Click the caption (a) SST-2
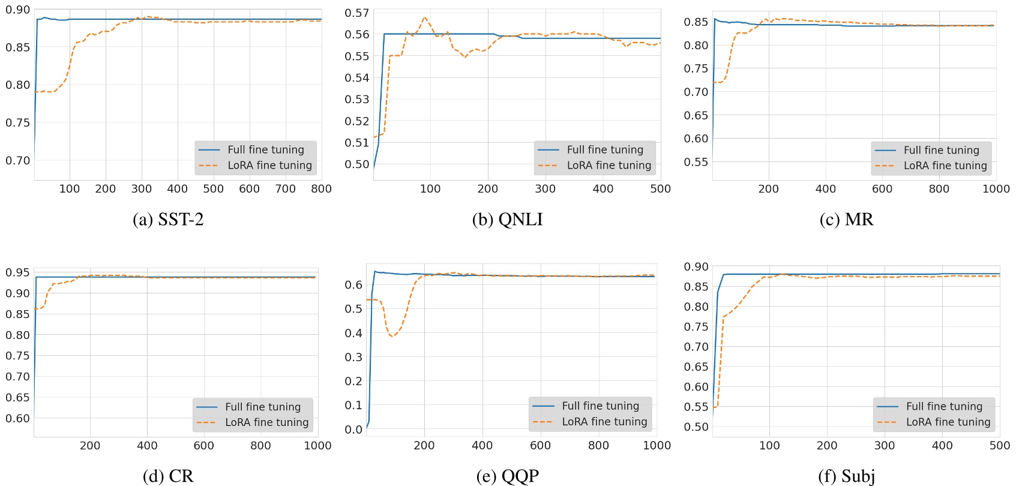pos(168,220)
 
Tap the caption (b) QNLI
pos(507,220)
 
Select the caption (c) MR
pos(846,220)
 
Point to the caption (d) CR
pos(168,476)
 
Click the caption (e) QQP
pos(507,476)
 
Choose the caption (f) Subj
pos(846,476)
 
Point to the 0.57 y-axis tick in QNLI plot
pos(357,13)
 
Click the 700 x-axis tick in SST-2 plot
pos(285,189)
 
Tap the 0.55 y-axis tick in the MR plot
pos(696,162)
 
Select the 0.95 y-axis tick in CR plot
pos(17,273)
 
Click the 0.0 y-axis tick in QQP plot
pos(354,430)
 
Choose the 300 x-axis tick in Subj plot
pos(885,446)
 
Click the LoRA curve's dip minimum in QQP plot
pos(393,337)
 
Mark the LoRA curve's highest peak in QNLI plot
pos(425,17)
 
